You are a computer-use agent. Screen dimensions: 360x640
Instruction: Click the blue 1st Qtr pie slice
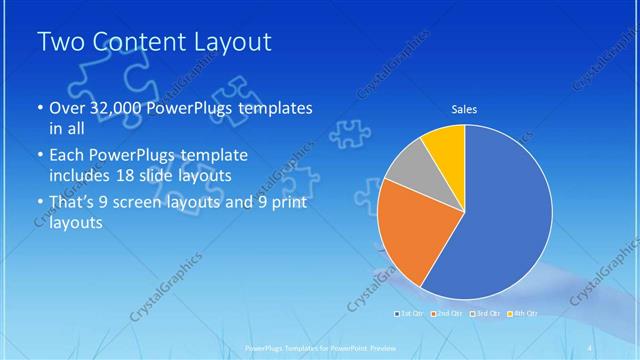coord(505,215)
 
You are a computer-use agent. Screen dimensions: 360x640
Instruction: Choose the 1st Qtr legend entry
coord(410,314)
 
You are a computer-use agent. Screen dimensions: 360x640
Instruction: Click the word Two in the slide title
coord(59,43)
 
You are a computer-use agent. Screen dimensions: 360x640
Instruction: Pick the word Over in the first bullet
coord(69,107)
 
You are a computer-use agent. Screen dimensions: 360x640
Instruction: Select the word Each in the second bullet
coord(68,155)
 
